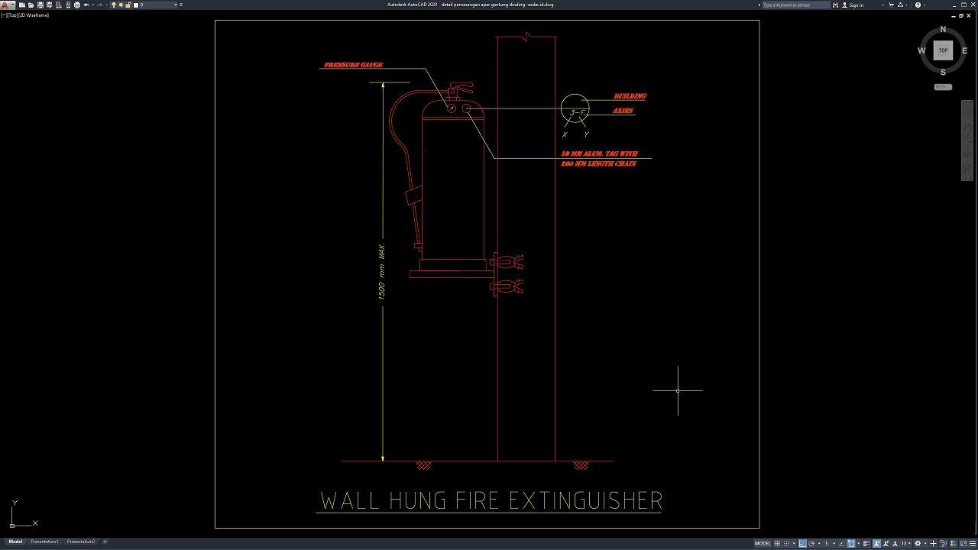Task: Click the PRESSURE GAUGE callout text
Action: [353, 65]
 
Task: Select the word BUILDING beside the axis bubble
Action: [630, 96]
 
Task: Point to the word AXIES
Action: [623, 111]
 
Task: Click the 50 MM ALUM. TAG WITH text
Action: [599, 154]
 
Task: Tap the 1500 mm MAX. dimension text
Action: [382, 272]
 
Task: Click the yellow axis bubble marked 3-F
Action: [575, 109]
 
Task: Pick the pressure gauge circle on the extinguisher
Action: [451, 109]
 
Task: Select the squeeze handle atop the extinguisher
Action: [460, 86]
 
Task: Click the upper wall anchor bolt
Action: [507, 261]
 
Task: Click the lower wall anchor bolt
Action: [507, 286]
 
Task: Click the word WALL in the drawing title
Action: [350, 501]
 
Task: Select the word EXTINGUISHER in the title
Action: [585, 501]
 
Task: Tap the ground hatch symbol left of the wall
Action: [423, 465]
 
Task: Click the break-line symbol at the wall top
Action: [526, 37]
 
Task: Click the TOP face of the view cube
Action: [943, 50]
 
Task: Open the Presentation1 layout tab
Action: [44, 542]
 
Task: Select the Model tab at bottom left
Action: [15, 542]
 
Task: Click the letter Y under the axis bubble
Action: [586, 134]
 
